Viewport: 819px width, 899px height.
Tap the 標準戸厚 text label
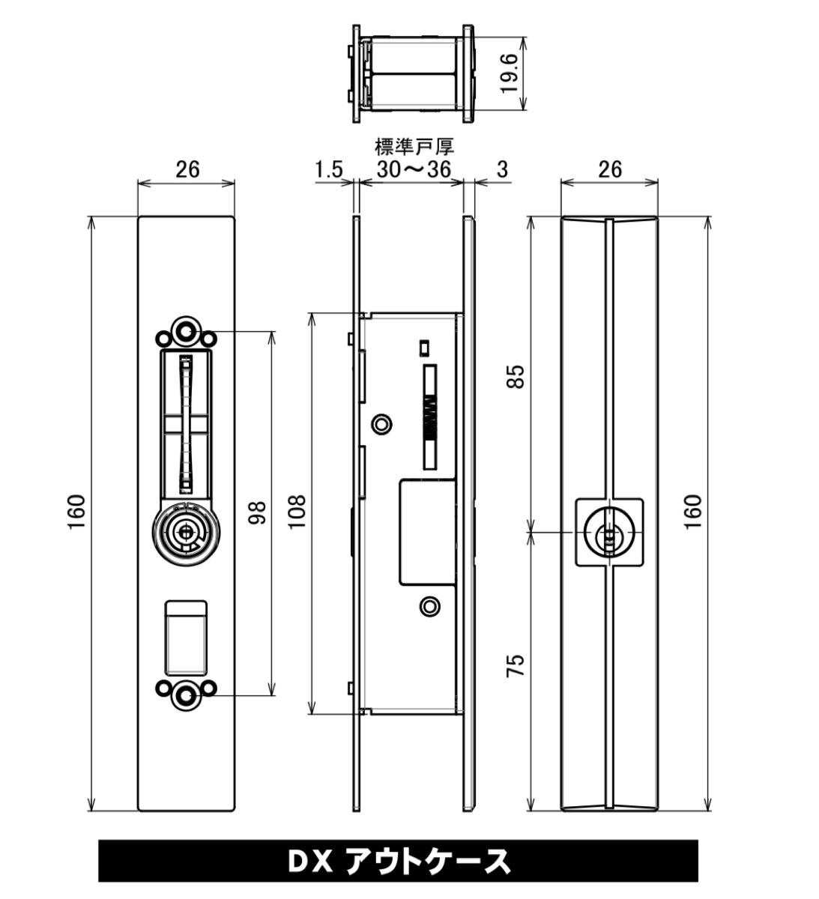pyautogui.click(x=414, y=147)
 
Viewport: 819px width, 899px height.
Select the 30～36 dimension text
pyautogui.click(x=413, y=169)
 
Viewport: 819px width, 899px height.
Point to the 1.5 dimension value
pyautogui.click(x=329, y=170)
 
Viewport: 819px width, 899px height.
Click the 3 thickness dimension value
pyautogui.click(x=503, y=170)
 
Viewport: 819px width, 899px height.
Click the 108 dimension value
pyautogui.click(x=297, y=512)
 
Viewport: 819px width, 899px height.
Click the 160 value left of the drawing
pyautogui.click(x=76, y=512)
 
